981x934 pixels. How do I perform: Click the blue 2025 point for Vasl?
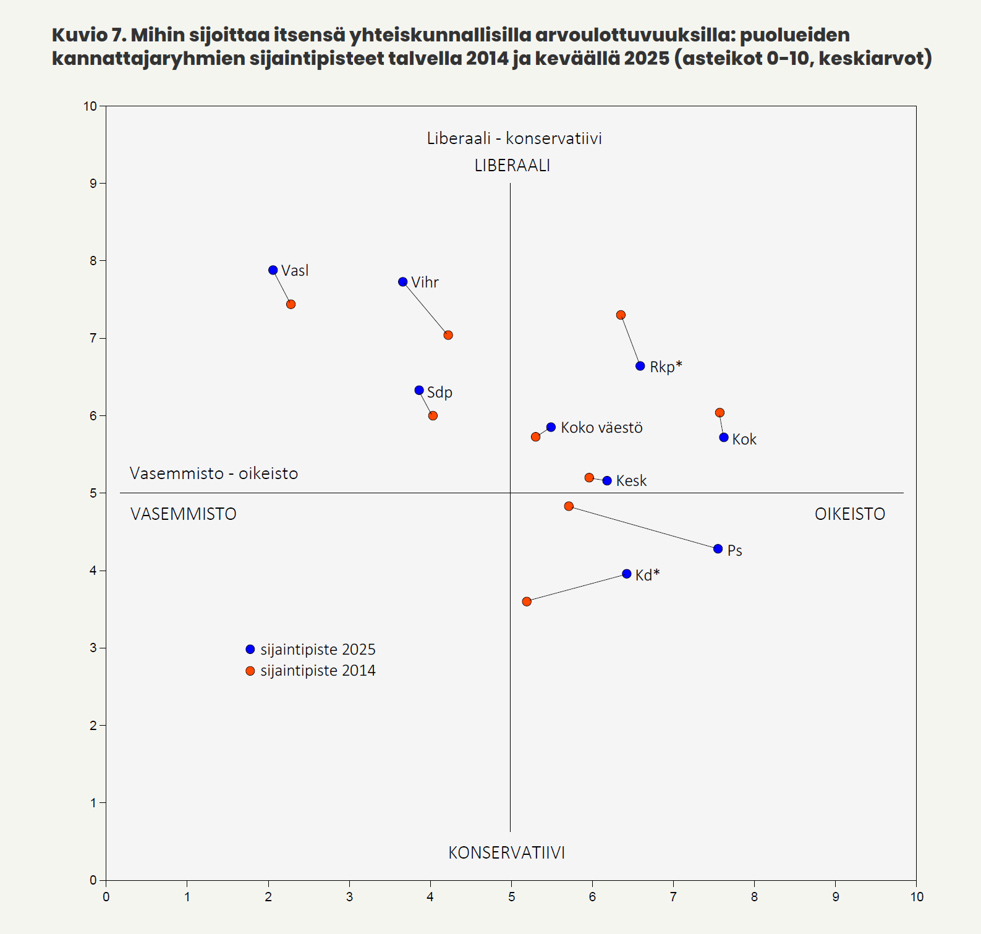coord(273,270)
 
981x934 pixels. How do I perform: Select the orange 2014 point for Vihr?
coord(448,335)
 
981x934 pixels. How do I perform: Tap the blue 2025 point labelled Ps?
coord(718,549)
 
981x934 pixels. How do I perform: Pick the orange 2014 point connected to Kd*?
coord(527,601)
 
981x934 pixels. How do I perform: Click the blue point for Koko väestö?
coord(551,427)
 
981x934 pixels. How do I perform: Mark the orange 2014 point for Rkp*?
coord(621,315)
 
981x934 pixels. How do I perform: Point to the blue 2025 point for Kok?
coord(724,438)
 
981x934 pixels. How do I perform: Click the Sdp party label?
coord(440,393)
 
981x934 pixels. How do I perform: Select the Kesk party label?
coord(631,481)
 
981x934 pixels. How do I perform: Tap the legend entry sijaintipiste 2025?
coord(318,650)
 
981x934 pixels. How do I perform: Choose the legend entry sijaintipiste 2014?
coord(318,671)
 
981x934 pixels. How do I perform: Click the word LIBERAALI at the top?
coord(512,166)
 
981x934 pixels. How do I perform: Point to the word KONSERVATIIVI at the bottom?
coord(506,853)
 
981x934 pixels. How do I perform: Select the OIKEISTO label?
coord(849,514)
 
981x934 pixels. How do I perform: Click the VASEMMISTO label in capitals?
coord(184,514)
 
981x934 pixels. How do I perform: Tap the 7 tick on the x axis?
coord(673,897)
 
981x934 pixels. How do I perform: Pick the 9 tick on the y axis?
coord(93,184)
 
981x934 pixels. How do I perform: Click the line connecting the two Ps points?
coord(643,527)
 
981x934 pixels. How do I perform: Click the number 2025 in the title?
coord(647,59)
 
